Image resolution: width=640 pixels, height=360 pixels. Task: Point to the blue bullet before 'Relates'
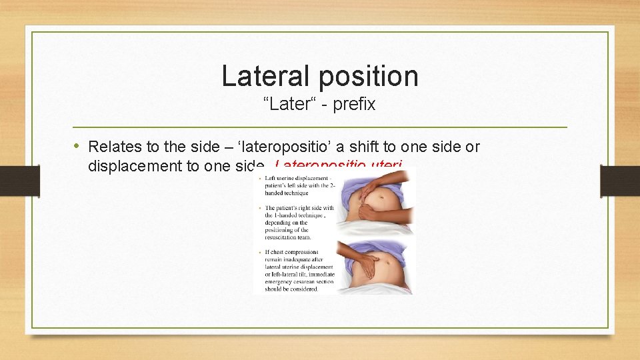77,146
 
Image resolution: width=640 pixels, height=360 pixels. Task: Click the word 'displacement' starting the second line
135,166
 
